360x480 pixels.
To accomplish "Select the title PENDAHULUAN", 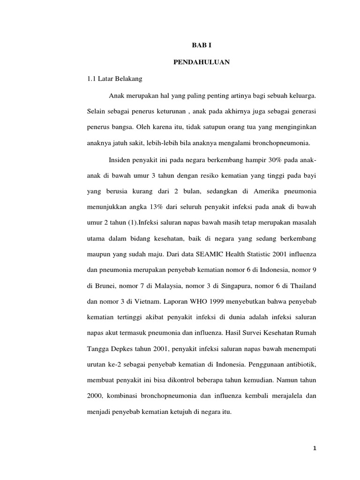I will click(x=202, y=62).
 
